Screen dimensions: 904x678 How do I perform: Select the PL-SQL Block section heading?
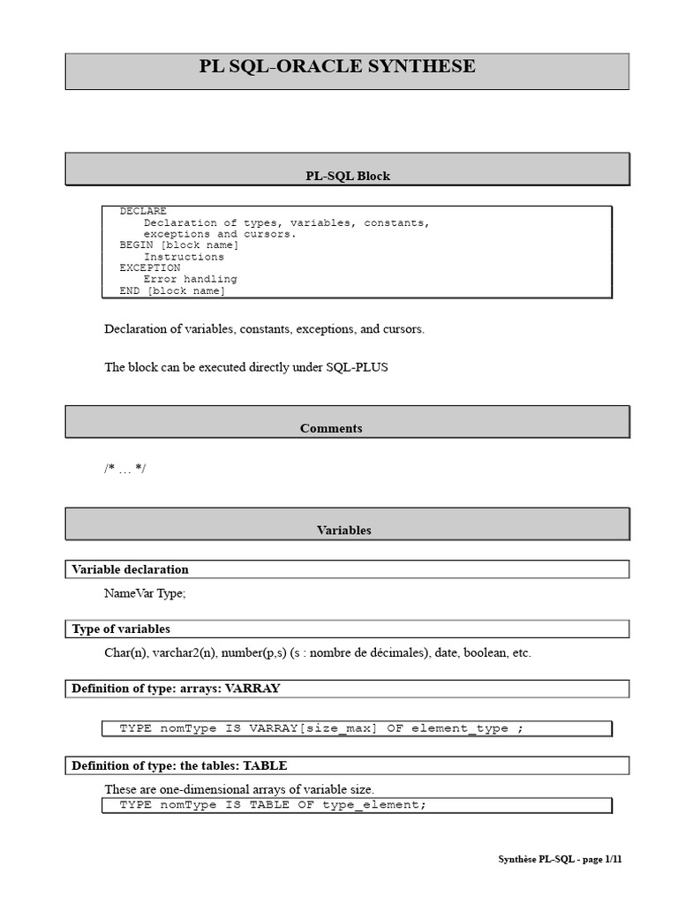click(x=347, y=176)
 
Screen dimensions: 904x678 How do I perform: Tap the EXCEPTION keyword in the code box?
click(x=150, y=267)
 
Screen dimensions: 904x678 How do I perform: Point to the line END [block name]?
click(x=172, y=290)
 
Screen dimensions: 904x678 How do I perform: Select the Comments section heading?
click(x=331, y=428)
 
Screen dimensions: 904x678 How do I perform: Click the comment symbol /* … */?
click(x=124, y=468)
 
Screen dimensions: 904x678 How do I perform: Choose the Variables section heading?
click(x=344, y=531)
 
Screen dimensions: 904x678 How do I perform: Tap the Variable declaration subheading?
click(x=130, y=569)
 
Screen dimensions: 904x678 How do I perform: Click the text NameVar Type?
click(x=145, y=593)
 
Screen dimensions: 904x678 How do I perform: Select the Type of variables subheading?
click(x=121, y=629)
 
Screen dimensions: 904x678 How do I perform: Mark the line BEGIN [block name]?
click(x=178, y=245)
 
